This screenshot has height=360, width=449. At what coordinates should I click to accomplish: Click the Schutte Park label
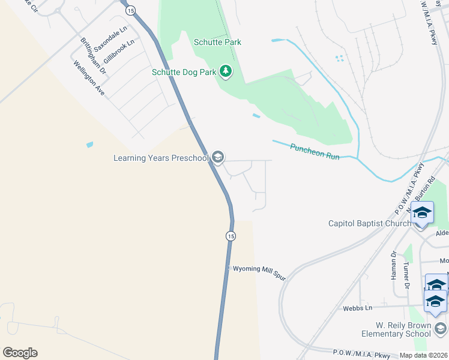217,42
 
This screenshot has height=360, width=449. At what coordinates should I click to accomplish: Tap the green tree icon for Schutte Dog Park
226,72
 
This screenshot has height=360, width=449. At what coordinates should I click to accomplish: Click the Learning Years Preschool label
161,158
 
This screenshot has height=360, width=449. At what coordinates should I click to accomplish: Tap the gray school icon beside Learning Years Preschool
217,158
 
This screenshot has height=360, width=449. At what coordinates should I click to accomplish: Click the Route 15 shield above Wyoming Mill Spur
231,236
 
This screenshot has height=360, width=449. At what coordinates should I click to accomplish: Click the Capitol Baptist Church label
369,223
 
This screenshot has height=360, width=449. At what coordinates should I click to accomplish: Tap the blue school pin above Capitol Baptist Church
422,214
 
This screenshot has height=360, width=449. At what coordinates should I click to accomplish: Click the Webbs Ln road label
358,308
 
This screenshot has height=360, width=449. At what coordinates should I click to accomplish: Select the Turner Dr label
406,274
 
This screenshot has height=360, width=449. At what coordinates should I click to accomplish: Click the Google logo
20,353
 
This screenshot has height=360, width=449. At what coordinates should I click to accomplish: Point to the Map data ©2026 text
423,355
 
